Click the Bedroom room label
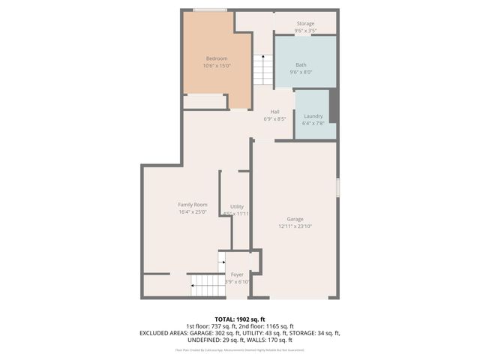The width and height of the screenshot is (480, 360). (x=216, y=58)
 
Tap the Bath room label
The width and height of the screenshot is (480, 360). (x=301, y=65)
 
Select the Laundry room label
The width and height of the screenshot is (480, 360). (x=313, y=115)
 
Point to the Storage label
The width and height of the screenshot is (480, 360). (x=305, y=23)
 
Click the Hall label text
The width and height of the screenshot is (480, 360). (x=275, y=112)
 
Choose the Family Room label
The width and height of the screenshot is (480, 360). (x=193, y=205)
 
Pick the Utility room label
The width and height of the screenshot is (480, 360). (x=237, y=206)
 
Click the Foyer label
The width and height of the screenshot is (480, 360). (x=237, y=274)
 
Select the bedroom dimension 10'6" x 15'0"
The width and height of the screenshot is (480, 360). (x=216, y=66)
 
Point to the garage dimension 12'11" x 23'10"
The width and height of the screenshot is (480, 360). (x=294, y=226)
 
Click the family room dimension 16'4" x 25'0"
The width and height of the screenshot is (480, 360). (x=193, y=212)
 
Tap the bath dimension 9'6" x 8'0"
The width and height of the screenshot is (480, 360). (x=301, y=73)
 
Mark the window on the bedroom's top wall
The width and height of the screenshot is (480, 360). (x=210, y=10)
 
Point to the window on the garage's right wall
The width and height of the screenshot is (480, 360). (x=338, y=187)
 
